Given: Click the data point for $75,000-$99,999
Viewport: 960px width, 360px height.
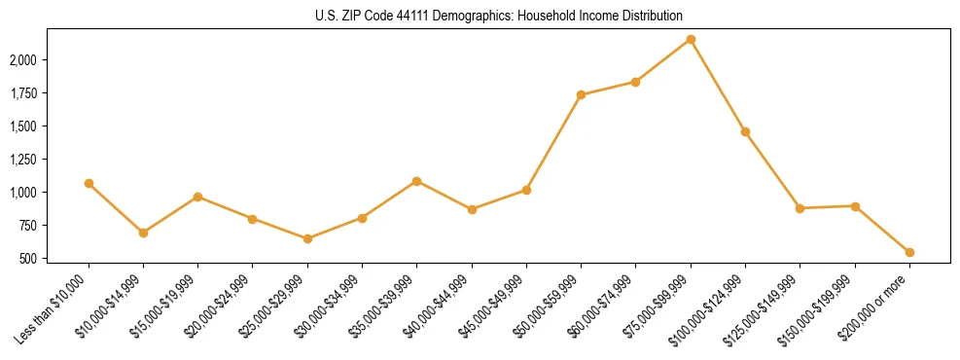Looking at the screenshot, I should (691, 39).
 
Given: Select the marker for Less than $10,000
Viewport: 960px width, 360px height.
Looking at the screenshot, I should (89, 183).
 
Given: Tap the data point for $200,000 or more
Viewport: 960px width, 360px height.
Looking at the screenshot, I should (909, 252).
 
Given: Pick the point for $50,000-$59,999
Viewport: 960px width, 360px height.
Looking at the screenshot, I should (581, 94).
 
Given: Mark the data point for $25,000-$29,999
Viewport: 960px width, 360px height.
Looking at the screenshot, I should (307, 238).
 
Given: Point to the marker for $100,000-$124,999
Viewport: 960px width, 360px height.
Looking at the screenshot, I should (745, 131).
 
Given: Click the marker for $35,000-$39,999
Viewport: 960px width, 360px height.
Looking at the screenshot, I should (416, 181).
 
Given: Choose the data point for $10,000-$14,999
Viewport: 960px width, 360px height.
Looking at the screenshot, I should (143, 233).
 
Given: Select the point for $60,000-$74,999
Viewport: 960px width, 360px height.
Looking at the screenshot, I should (635, 82).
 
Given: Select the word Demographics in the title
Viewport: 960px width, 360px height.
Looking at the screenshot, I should (478, 17).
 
